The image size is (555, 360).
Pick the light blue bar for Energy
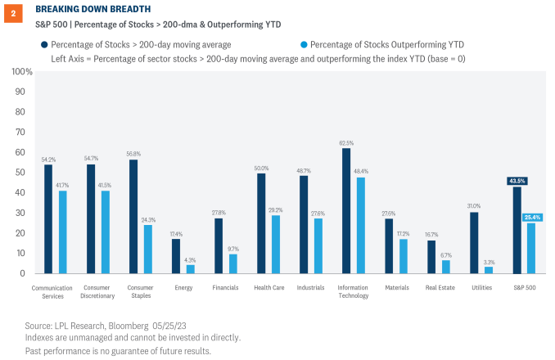pos(190,269)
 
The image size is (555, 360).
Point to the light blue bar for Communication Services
pos(62,232)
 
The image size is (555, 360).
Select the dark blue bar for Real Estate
pos(431,257)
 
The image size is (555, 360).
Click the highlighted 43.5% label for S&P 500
pos(517,181)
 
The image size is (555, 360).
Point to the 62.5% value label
pos(345,142)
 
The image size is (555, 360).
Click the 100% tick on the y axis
pos(22,72)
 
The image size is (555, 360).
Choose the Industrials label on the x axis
pos(309,288)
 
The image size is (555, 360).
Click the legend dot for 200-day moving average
pos(42,43)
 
